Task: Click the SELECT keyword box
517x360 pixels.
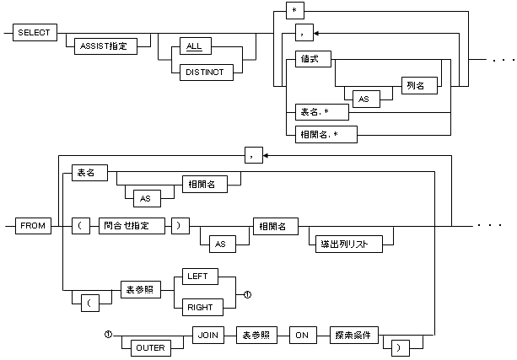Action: [x=35, y=33]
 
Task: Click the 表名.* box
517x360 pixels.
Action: [x=310, y=110]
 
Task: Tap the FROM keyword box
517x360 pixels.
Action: [x=35, y=227]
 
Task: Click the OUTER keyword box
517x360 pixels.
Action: [x=148, y=345]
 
